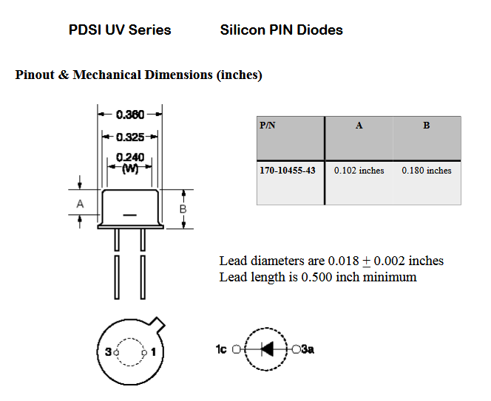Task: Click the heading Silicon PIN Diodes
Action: pos(281,30)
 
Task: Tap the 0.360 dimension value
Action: pos(130,114)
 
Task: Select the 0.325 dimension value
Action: pos(130,137)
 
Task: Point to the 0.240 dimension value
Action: pos(130,157)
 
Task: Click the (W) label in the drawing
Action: pos(130,168)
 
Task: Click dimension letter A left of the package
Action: pos(80,203)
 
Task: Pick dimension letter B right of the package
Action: pos(183,209)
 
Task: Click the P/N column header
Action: pos(268,126)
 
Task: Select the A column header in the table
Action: pos(359,126)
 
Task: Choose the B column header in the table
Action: pos(427,126)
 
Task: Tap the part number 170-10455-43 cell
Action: pos(288,171)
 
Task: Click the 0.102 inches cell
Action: pos(359,171)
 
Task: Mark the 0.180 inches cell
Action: pos(427,171)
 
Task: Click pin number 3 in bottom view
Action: pos(108,352)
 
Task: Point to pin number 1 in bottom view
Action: pos(153,352)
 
